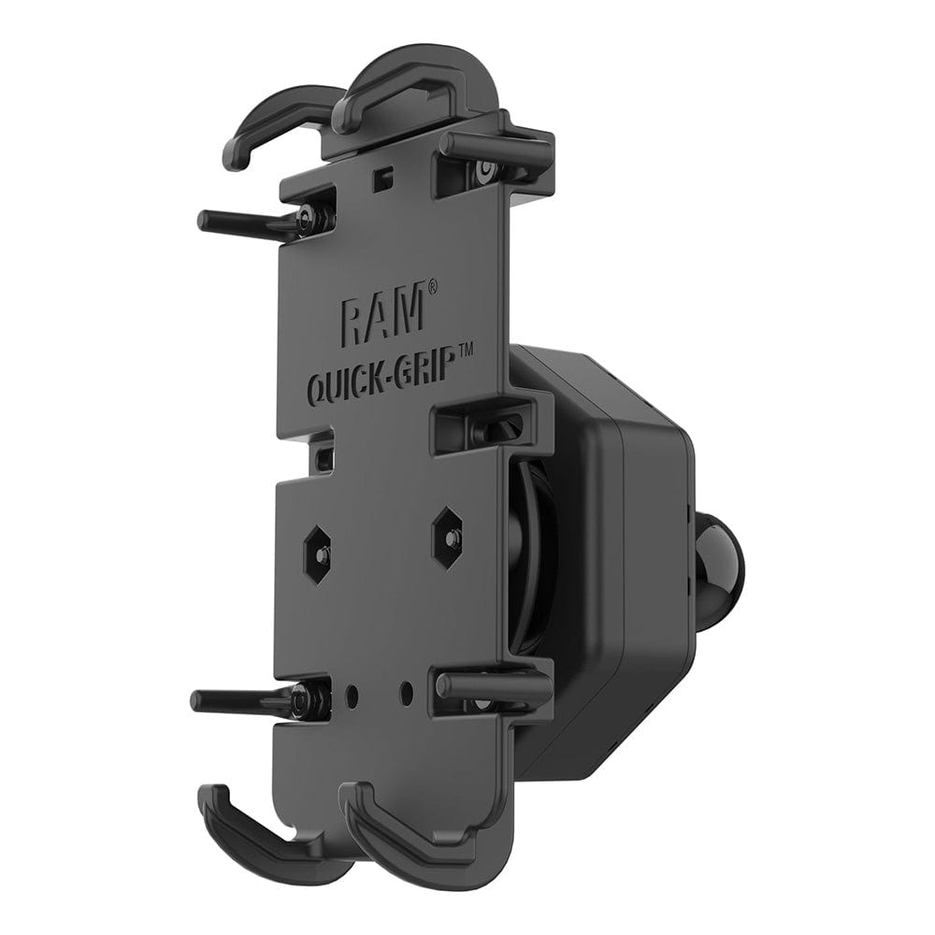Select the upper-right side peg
click(x=496, y=145)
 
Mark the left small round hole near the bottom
click(x=352, y=697)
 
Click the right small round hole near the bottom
click(x=406, y=693)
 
